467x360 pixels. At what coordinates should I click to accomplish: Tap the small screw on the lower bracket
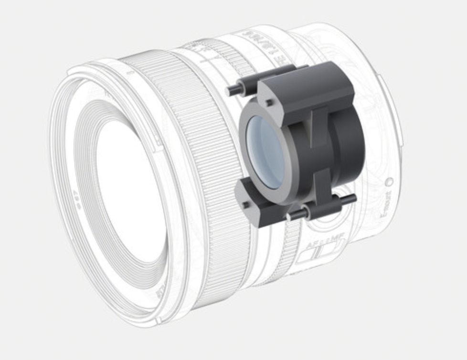246,205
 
